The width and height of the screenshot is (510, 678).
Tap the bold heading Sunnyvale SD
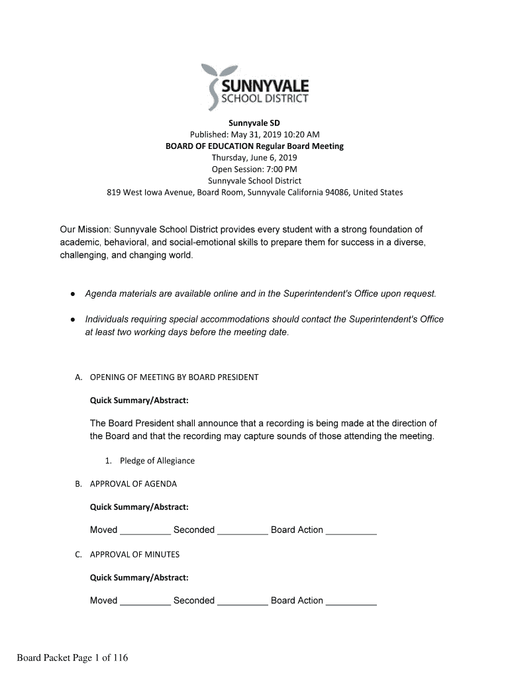(254, 123)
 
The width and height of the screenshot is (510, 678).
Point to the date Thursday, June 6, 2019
(254, 158)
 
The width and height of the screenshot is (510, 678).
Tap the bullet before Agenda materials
(72, 293)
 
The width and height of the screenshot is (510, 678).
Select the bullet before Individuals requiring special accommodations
(72, 319)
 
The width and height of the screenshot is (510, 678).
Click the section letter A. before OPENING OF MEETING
(78, 377)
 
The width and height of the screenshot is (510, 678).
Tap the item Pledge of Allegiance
(157, 461)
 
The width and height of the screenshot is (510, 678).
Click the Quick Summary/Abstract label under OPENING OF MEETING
(139, 401)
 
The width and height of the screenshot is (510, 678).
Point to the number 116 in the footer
(120, 657)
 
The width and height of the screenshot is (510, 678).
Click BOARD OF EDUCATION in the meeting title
(208, 146)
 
